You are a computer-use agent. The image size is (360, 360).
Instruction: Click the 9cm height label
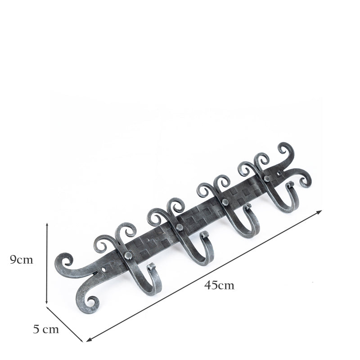21,260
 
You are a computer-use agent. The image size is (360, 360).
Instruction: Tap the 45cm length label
219,285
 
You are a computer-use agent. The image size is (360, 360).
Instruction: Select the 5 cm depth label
46,329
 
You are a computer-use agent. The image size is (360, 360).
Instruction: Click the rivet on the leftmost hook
128,256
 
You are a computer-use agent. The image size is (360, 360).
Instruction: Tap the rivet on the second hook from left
179,227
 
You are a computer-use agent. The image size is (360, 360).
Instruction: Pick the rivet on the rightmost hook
266,179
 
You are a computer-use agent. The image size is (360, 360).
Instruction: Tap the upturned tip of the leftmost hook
151,266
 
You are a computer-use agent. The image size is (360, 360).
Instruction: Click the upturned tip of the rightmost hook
290,184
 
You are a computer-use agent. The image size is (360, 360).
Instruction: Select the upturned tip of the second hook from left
205,234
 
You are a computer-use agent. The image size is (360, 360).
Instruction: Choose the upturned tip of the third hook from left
248,207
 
